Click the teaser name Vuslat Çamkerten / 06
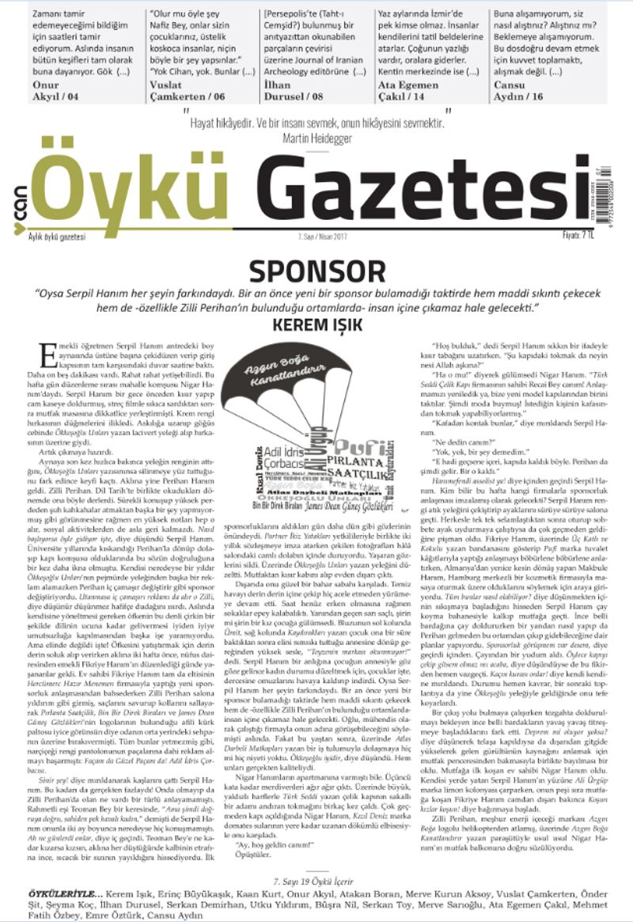tap(184, 90)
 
